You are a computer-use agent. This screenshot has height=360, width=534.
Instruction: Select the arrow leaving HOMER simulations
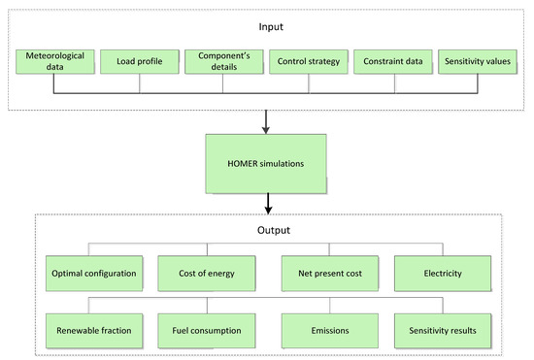click(267, 205)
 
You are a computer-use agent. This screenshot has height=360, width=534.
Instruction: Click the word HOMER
click(245, 164)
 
